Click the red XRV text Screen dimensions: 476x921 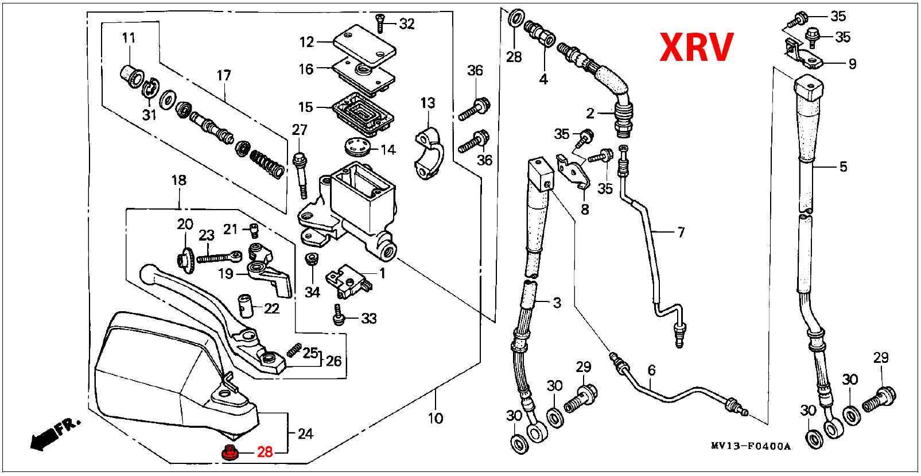pos(695,47)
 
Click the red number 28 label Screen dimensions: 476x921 pos(265,452)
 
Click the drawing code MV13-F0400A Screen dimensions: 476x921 pos(750,446)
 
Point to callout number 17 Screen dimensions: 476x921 pos(223,76)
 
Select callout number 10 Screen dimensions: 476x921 pos(436,417)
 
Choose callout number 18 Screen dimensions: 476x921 pos(178,180)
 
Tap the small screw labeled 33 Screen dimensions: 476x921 pos(339,316)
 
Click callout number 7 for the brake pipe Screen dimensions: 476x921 pos(681,233)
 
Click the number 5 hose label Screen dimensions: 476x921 pos(843,167)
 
